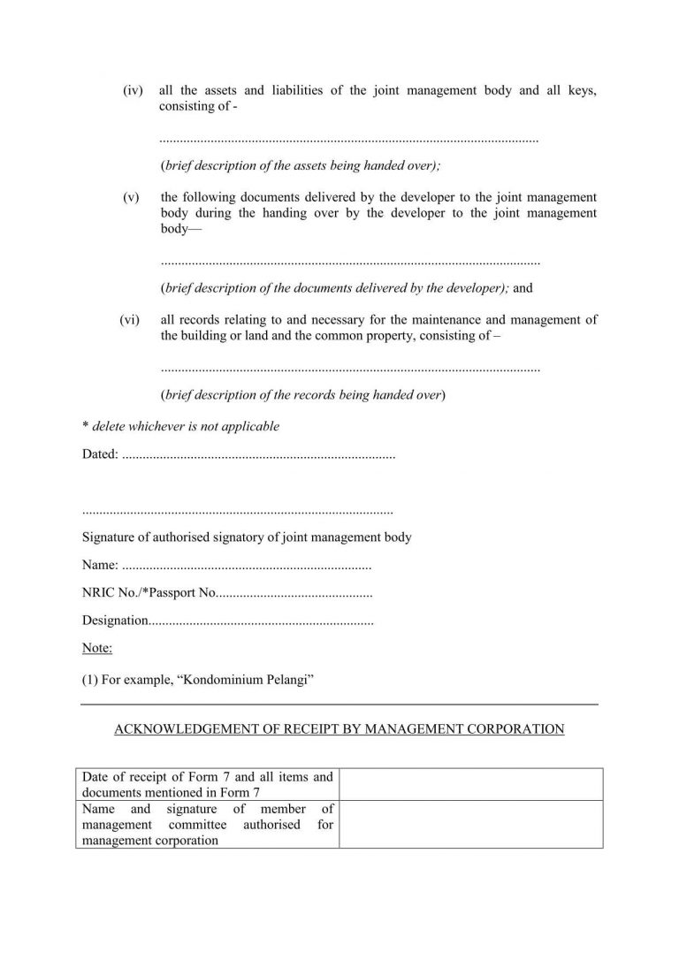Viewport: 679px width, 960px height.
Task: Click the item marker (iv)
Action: tap(134, 91)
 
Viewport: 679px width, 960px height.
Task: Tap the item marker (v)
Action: tap(132, 197)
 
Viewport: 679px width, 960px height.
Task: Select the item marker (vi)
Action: tap(130, 320)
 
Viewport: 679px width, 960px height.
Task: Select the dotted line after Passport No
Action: tap(294, 593)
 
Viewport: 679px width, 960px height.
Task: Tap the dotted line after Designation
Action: tap(261, 621)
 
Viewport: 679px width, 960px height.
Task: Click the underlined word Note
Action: tap(96, 649)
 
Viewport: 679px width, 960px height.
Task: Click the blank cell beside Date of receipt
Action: tap(470, 784)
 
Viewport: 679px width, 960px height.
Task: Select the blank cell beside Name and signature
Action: tap(470, 824)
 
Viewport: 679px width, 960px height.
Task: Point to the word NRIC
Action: tap(98, 592)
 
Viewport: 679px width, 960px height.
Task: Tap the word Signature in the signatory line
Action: tap(111, 537)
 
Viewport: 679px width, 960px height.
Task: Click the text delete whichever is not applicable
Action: tap(186, 426)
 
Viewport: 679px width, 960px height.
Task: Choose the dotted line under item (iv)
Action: tap(349, 141)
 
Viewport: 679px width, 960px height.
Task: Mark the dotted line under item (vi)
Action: tap(350, 368)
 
